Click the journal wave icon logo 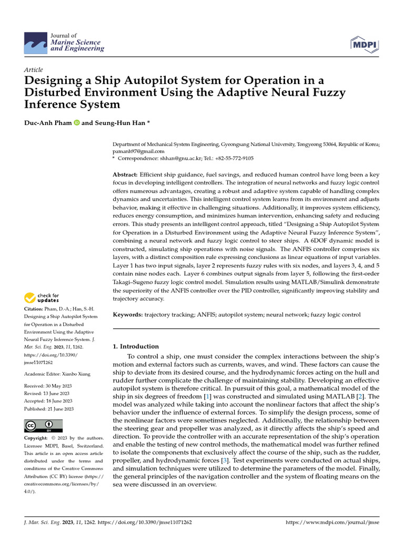(x=35, y=42)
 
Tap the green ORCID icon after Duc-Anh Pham (x=77, y=123)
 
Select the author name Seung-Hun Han (x=119, y=123)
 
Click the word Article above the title (x=34, y=70)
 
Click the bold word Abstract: (x=126, y=174)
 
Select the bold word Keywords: (x=128, y=315)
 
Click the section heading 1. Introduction (x=136, y=346)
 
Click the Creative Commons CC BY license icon (x=43, y=426)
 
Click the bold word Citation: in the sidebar (x=35, y=309)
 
